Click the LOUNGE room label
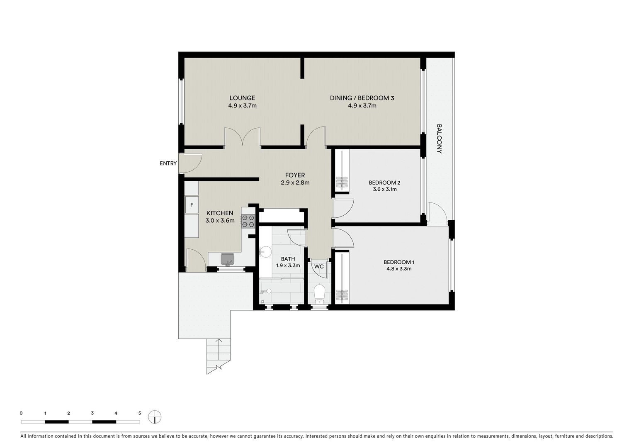click(242, 98)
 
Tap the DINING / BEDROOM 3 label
click(362, 98)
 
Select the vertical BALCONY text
click(439, 139)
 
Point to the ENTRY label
click(168, 163)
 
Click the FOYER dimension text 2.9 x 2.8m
click(295, 183)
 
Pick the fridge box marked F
click(192, 205)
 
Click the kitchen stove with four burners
click(248, 221)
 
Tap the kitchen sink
click(228, 259)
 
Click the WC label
click(318, 266)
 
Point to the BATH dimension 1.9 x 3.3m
click(288, 265)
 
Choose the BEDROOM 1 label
click(398, 262)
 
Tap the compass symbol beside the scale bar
click(155, 417)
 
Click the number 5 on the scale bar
click(139, 413)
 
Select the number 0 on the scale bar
click(21, 413)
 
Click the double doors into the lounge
click(243, 138)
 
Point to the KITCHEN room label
click(220, 213)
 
